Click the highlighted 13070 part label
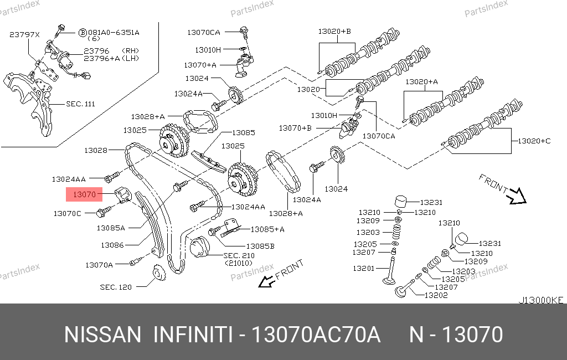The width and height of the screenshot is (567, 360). tap(84, 194)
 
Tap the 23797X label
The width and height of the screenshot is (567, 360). tap(24, 35)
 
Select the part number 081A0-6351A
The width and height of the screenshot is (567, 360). tap(114, 33)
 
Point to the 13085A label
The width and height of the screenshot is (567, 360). tap(111, 228)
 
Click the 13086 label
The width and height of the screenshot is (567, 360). tap(112, 245)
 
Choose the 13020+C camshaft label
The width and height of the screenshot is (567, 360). tap(534, 141)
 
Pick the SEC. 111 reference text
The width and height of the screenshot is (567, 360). tap(80, 104)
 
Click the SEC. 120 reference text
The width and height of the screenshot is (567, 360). tap(116, 287)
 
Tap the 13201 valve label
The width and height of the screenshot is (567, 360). tap(363, 268)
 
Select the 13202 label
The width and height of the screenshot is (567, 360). tap(436, 295)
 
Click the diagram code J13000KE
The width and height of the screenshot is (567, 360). tap(540, 300)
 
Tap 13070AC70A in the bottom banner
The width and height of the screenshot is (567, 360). tap(315, 335)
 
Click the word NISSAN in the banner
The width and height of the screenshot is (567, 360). tap(102, 335)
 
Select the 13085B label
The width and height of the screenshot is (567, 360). tap(260, 246)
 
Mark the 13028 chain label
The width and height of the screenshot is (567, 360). tap(96, 150)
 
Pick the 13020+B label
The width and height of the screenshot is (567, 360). tap(334, 32)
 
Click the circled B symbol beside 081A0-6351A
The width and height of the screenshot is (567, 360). tap(83, 33)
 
